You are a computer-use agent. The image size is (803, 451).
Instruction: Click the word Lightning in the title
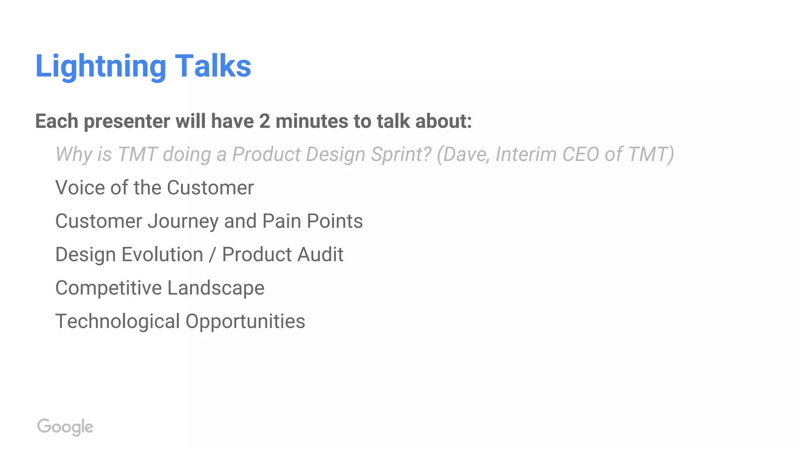[101, 66]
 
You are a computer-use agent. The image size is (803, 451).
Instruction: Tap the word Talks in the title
[213, 66]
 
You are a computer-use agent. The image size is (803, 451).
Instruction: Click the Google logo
[65, 427]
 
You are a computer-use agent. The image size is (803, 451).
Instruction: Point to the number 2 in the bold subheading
[265, 121]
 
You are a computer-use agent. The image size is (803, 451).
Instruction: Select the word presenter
[127, 121]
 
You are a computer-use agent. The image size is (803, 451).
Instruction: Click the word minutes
[312, 121]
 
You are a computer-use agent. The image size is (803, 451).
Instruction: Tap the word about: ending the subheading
[443, 121]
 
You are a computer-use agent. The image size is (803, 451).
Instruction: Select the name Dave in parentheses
[465, 154]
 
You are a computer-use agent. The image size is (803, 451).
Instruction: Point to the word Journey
[183, 221]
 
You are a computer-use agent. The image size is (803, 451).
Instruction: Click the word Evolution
[162, 254]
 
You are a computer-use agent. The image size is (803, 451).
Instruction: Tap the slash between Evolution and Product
[213, 254]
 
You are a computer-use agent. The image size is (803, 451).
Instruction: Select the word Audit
[320, 254]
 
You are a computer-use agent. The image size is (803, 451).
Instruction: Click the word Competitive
[109, 288]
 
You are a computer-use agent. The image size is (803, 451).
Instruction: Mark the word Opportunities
[245, 321]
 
